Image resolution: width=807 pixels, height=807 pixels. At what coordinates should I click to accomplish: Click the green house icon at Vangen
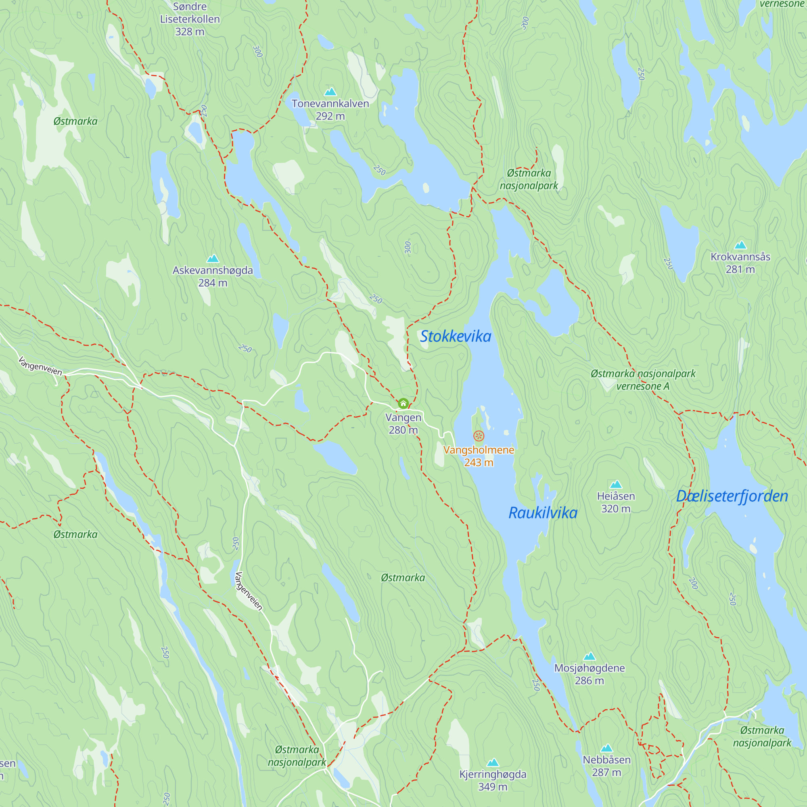coord(403,403)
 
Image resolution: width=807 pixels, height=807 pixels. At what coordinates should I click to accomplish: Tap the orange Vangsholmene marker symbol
coord(479,436)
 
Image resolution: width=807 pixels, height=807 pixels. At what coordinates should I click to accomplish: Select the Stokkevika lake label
coord(455,337)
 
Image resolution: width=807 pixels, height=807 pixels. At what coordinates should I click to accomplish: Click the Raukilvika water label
coord(543,513)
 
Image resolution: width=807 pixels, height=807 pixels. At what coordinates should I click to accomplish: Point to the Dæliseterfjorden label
coord(732,496)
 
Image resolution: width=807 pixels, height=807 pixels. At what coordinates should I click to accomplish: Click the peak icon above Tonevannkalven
coord(330,92)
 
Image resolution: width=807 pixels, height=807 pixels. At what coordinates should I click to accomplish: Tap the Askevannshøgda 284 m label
coord(213,276)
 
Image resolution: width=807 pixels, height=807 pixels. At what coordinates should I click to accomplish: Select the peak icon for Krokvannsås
coord(740,245)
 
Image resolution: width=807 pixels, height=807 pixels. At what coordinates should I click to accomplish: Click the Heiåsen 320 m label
coord(616,502)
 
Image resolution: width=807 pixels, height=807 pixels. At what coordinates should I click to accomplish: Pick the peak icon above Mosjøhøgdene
coord(590,656)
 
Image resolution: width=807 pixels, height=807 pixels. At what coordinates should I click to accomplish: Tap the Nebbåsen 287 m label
coord(606,766)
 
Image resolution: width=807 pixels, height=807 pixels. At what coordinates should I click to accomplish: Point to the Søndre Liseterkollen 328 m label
coord(190,19)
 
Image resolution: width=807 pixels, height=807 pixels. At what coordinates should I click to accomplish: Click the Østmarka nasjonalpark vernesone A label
coord(643,380)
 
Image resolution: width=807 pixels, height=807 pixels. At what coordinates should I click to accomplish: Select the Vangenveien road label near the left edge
coord(40,366)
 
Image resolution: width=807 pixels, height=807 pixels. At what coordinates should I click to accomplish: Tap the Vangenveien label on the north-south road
coord(249,591)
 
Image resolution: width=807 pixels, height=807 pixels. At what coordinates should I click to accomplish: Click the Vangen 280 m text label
coord(403,424)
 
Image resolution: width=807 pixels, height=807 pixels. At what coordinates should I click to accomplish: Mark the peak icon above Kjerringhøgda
coord(493,763)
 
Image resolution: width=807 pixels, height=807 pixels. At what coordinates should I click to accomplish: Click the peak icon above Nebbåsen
coord(606,748)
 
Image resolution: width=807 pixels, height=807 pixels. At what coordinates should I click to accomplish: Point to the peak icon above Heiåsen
coord(616,485)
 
